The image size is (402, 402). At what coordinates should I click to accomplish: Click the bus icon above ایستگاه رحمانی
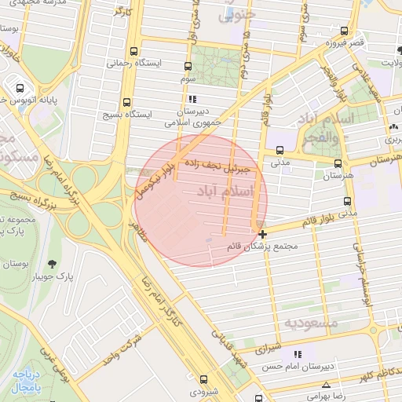click(134, 49)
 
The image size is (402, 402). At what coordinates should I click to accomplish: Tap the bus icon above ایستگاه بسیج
click(126, 103)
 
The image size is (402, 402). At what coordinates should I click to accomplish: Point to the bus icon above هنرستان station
click(338, 163)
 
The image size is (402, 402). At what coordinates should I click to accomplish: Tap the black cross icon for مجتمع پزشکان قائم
click(261, 233)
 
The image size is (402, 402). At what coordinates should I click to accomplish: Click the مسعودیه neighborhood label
click(311, 323)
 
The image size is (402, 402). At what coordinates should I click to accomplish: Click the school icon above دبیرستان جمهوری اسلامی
click(192, 98)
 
